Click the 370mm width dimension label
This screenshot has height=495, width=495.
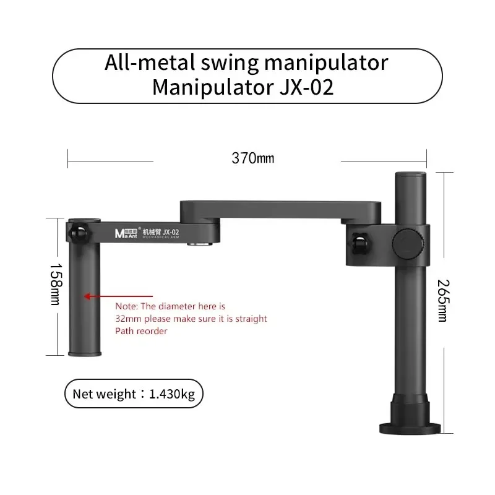(x=252, y=158)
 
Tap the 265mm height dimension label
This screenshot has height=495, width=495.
(x=441, y=301)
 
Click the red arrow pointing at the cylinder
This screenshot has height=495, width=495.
(x=98, y=296)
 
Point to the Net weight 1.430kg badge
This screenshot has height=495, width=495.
(x=133, y=394)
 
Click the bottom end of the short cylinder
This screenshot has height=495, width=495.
(x=84, y=352)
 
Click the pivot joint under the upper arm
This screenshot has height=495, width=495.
(x=197, y=245)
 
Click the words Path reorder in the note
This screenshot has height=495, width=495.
(x=141, y=331)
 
